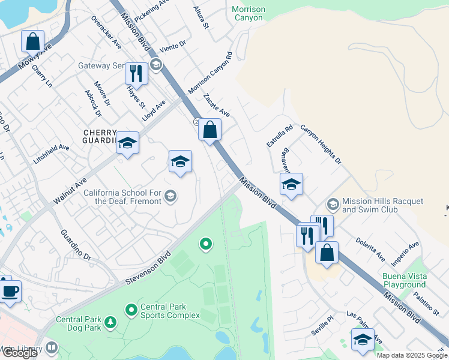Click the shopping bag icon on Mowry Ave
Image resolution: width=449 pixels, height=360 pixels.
(33, 42)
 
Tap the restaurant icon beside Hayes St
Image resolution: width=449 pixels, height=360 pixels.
(136, 74)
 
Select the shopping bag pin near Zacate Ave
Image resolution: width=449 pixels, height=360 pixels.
(209, 130)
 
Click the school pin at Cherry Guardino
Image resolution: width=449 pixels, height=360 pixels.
(127, 143)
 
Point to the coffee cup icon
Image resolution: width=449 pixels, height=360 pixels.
(10, 292)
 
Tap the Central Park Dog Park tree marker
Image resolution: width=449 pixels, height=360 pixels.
(110, 323)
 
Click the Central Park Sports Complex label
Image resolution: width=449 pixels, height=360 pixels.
(170, 310)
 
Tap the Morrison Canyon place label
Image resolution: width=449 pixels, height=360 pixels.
(248, 13)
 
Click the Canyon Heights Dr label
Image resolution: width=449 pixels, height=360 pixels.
(321, 145)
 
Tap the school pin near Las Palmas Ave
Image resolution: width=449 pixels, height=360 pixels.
(363, 340)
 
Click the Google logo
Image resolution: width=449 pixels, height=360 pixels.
(20, 353)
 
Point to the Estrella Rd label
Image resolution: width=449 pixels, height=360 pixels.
(280, 136)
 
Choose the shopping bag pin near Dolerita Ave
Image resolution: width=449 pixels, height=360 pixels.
(327, 253)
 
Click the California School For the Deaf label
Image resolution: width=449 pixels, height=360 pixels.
(122, 197)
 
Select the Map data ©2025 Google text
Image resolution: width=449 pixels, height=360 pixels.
(412, 355)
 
